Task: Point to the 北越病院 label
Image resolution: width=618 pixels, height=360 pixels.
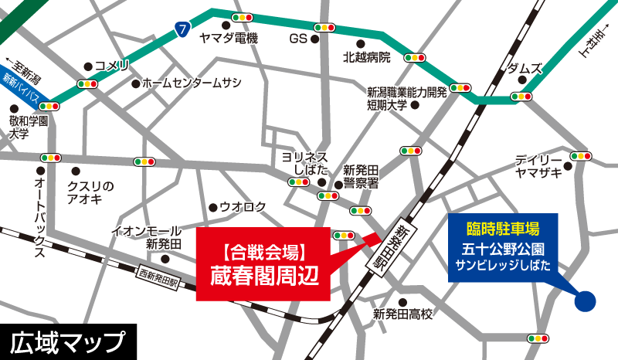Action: click(367, 57)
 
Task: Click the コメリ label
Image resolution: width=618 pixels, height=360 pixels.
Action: click(113, 66)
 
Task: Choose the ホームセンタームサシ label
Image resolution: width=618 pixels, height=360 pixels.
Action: click(192, 83)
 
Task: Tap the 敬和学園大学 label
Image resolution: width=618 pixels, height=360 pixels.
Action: click(29, 127)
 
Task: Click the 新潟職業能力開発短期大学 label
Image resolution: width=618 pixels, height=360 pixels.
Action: click(406, 98)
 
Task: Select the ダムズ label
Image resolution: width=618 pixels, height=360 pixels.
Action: click(525, 68)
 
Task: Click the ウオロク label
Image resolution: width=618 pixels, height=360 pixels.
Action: click(243, 206)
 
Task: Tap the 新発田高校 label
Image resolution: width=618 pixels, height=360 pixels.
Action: click(402, 314)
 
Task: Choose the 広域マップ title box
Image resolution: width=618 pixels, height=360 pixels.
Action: click(67, 341)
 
